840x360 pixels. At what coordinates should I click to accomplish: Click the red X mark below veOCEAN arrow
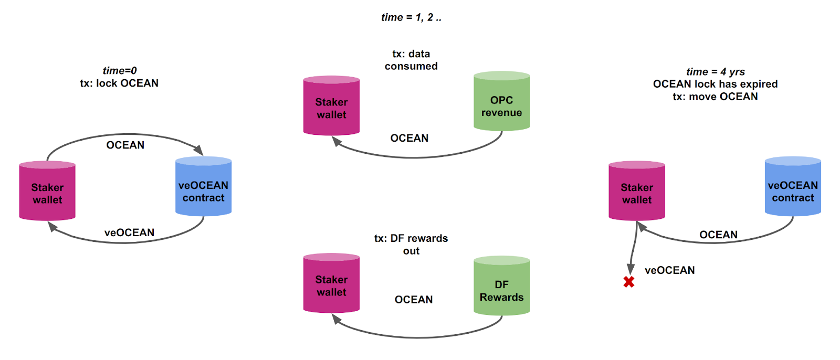[628, 282]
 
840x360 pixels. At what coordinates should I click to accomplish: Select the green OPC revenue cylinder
[501, 102]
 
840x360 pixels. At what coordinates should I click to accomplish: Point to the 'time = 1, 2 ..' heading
[411, 17]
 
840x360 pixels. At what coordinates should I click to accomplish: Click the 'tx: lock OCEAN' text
[119, 83]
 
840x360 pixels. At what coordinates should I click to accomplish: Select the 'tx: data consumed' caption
[411, 60]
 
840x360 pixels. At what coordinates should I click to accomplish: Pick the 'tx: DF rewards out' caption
[411, 245]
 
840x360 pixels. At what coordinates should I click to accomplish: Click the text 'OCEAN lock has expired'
[715, 84]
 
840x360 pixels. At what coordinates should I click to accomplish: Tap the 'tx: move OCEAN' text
[715, 97]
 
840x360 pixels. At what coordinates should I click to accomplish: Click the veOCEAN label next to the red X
[669, 270]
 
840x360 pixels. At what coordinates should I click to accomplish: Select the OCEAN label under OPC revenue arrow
[409, 138]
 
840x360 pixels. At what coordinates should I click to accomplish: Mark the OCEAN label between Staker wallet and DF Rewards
[414, 300]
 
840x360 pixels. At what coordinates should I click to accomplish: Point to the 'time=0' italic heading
[120, 71]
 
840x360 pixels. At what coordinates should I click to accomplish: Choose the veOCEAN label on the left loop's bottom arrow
[129, 232]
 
